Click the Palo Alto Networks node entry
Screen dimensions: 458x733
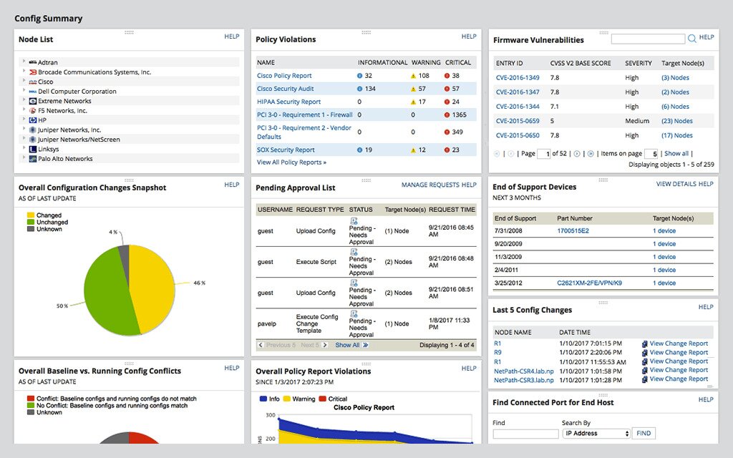(65, 159)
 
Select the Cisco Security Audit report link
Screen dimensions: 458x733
(285, 89)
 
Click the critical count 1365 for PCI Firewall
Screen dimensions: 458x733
(459, 114)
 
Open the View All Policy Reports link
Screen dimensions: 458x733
(291, 162)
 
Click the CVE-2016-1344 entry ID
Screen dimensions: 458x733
(518, 107)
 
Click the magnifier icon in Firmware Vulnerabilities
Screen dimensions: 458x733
(691, 39)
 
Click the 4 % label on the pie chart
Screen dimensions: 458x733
(113, 233)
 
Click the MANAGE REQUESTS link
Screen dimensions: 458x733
(430, 185)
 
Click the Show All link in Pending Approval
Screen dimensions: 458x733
(347, 345)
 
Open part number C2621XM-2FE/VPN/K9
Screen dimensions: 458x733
(590, 283)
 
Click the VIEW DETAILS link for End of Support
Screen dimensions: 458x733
(676, 184)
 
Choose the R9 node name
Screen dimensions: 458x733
(497, 353)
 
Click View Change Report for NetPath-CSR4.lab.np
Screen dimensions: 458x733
(678, 370)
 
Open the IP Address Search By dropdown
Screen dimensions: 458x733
(596, 434)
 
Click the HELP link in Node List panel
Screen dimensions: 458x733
(231, 36)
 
